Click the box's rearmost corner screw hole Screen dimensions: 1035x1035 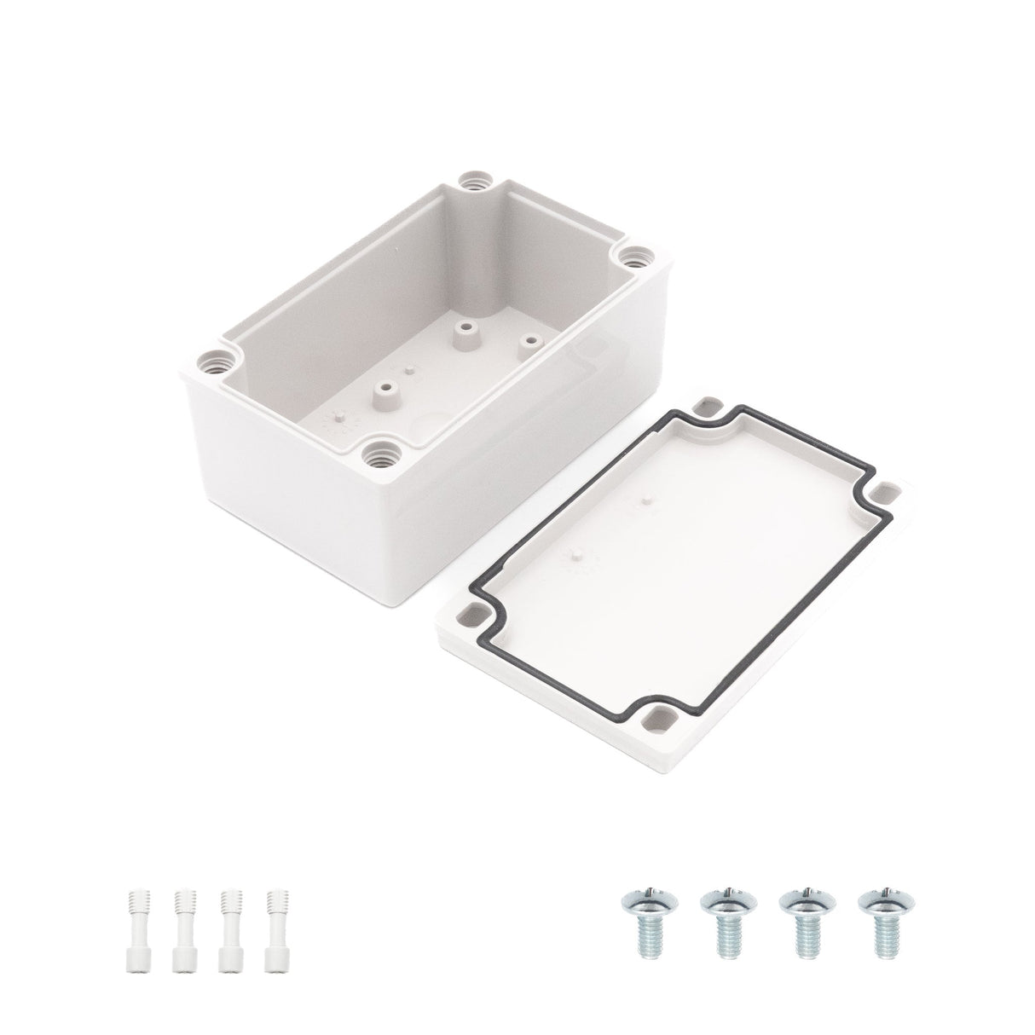click(471, 157)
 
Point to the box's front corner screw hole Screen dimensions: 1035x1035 click(375, 451)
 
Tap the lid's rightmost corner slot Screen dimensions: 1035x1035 click(888, 493)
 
